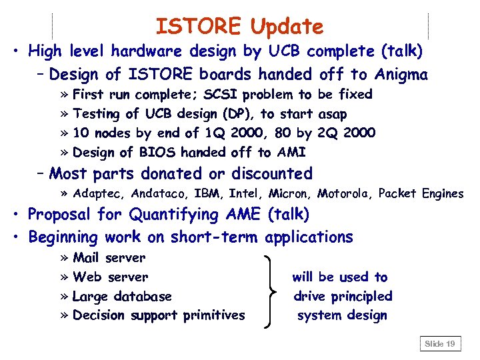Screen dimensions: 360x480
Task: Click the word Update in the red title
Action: [287, 27]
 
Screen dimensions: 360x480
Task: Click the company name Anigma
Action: [401, 74]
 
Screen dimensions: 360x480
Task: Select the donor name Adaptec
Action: [99, 194]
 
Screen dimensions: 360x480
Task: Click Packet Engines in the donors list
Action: [421, 194]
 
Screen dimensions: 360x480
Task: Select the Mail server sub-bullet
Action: [109, 257]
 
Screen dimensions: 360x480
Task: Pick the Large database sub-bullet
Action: [122, 296]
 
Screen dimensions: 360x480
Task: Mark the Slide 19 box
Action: [440, 344]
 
